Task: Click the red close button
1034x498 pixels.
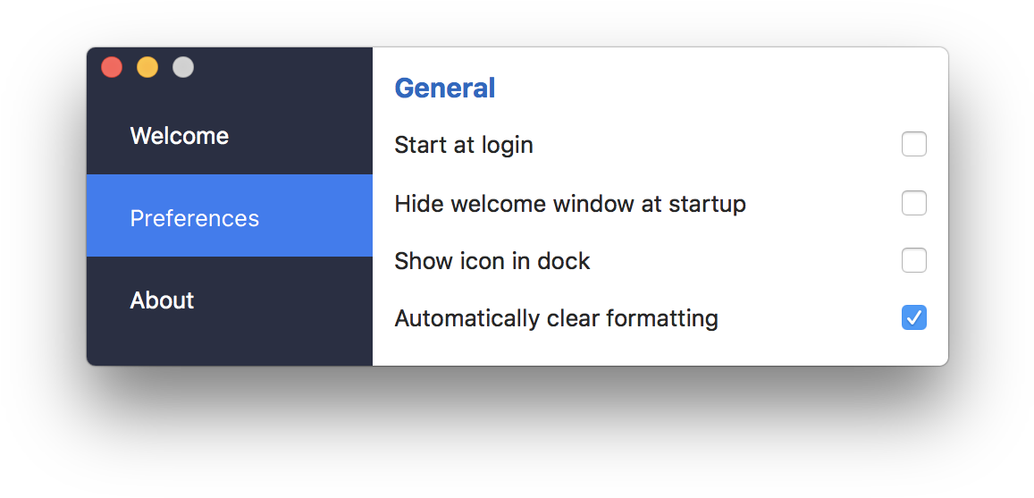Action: pyautogui.click(x=112, y=67)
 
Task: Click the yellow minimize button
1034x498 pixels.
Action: pyautogui.click(x=147, y=67)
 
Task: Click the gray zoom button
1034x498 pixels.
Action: pyautogui.click(x=182, y=67)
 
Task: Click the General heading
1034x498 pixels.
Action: pyautogui.click(x=444, y=89)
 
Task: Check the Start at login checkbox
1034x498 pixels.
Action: pyautogui.click(x=914, y=145)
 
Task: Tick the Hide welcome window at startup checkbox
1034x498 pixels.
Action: pyautogui.click(x=914, y=203)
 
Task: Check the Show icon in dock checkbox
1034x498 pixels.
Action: pyautogui.click(x=914, y=260)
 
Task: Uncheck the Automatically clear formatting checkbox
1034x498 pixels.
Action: pyautogui.click(x=914, y=318)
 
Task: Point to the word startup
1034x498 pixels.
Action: pyautogui.click(x=707, y=205)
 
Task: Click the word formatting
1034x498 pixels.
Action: pyautogui.click(x=662, y=319)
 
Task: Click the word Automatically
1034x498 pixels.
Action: pyautogui.click(x=467, y=319)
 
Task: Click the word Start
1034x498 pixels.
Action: pyautogui.click(x=416, y=145)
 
